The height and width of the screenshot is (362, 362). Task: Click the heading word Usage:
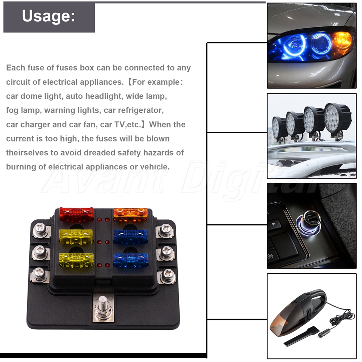tap(49, 16)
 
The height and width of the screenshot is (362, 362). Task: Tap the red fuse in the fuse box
tap(76, 214)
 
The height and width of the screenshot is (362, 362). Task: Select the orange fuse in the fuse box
tap(130, 214)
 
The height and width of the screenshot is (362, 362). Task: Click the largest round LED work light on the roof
tap(336, 118)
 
